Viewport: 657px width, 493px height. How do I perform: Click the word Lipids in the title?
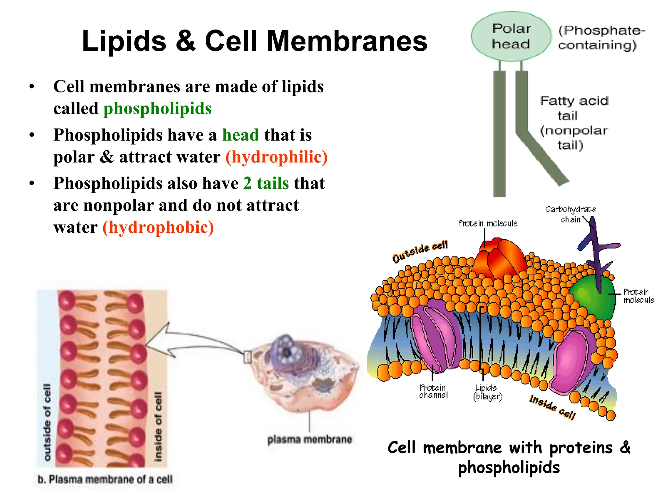pyautogui.click(x=124, y=41)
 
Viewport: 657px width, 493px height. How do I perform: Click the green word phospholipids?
pyautogui.click(x=157, y=108)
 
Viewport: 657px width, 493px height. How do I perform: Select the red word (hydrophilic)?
pyautogui.click(x=276, y=157)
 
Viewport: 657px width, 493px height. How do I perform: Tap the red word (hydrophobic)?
pyautogui.click(x=158, y=227)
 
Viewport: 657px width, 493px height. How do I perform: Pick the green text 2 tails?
pyautogui.click(x=266, y=183)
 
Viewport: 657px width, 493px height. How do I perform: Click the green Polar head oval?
pyautogui.click(x=511, y=36)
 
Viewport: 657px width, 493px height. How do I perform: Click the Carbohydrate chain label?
pyautogui.click(x=570, y=214)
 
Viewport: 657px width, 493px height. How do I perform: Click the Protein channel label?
pyautogui.click(x=433, y=391)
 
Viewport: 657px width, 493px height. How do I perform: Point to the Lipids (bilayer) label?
pyautogui.click(x=487, y=392)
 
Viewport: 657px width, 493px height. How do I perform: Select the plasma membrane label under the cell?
pyautogui.click(x=310, y=439)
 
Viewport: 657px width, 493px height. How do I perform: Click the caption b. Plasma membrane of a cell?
pyautogui.click(x=105, y=479)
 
